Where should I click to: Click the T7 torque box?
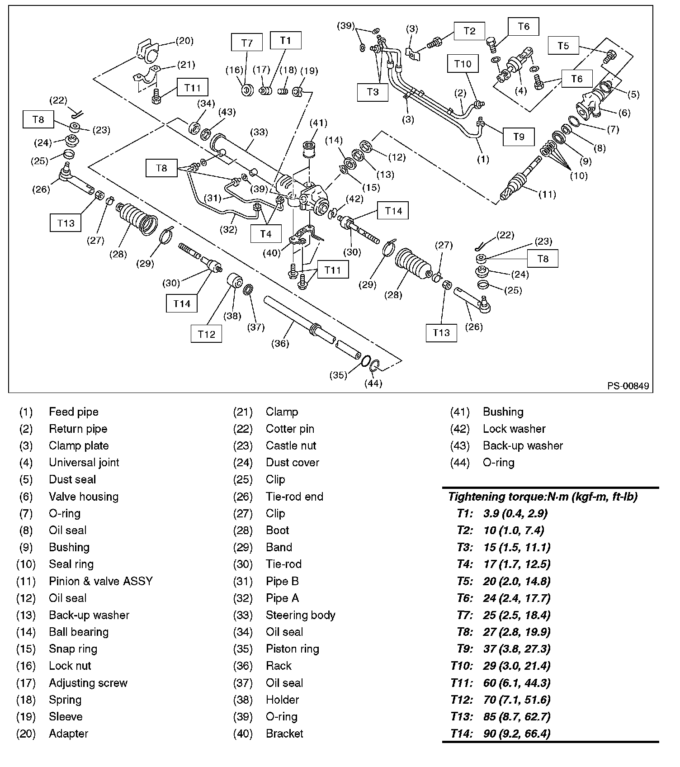[246, 43]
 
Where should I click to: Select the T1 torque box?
[285, 40]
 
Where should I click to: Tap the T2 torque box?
[470, 31]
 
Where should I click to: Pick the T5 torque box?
[563, 46]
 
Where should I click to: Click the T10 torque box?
[463, 64]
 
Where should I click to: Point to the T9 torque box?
[519, 137]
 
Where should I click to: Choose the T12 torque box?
[206, 334]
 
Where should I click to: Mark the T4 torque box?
[265, 234]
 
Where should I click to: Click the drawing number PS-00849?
[628, 386]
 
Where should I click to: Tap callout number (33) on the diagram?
[259, 132]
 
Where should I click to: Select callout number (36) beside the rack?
[280, 343]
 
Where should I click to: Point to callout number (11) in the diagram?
[547, 194]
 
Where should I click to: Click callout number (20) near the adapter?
[184, 41]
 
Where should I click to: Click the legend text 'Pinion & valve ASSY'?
[101, 581]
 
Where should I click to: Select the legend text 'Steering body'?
[300, 615]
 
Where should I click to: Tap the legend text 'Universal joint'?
[84, 463]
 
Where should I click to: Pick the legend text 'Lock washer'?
[514, 429]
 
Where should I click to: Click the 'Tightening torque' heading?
[543, 497]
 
